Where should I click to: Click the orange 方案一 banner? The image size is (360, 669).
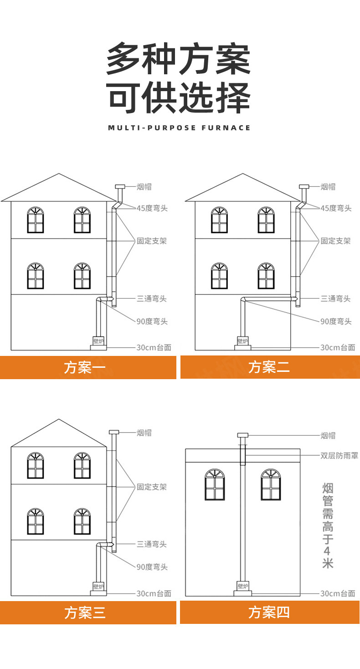pos(88,367)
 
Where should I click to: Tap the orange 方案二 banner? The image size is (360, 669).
pos(270,367)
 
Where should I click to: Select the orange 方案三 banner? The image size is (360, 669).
pos(88,612)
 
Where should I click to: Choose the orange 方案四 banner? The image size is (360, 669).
pos(270,612)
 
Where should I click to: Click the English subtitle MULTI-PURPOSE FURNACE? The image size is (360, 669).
pos(180,128)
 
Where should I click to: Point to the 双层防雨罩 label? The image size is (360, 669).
pos(339,455)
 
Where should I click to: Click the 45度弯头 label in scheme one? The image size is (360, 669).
pos(152,208)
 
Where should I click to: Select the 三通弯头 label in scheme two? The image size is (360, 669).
pos(335,299)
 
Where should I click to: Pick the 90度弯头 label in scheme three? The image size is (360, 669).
pos(152,567)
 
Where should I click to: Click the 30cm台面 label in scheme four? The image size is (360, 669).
pos(338,593)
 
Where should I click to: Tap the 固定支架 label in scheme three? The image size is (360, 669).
pos(152,487)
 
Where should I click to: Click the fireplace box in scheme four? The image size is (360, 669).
pos(243,586)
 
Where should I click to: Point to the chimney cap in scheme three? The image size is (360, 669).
pos(113,432)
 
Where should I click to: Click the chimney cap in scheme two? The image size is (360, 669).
pos(304,186)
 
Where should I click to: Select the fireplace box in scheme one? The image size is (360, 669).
pos(98,341)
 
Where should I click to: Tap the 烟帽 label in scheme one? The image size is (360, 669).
pos(144,186)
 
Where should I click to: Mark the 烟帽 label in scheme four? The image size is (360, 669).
pos(328,436)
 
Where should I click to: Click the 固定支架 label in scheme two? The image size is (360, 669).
pos(335,241)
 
